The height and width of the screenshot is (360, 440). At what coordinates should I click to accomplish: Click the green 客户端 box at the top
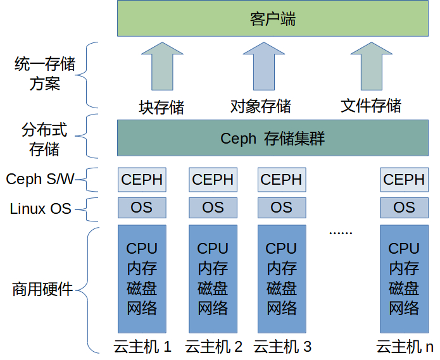(x=272, y=19)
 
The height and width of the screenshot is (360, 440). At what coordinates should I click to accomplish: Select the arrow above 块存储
(x=163, y=66)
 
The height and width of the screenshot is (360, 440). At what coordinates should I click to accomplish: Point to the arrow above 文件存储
(x=370, y=66)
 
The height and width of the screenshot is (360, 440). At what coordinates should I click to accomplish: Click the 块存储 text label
(x=161, y=106)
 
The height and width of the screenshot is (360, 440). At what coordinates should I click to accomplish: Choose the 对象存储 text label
(x=261, y=106)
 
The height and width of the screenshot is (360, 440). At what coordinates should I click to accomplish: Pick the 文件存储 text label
(x=370, y=106)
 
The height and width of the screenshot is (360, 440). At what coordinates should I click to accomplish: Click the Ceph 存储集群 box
(x=272, y=138)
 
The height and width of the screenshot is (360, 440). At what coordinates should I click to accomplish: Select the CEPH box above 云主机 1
(x=142, y=180)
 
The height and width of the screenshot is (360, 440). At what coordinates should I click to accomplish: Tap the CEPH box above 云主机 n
(x=403, y=180)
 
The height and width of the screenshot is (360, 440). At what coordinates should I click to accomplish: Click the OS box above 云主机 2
(x=213, y=208)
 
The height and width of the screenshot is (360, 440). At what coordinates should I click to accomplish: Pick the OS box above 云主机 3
(x=281, y=208)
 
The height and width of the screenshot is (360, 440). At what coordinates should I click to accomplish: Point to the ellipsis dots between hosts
(x=340, y=232)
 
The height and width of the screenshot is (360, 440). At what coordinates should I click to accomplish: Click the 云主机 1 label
(x=142, y=347)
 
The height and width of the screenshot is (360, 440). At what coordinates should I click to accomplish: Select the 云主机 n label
(x=405, y=347)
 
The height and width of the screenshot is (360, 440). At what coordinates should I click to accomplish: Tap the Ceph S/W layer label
(x=40, y=180)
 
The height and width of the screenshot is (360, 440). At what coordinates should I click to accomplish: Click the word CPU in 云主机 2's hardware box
(x=213, y=249)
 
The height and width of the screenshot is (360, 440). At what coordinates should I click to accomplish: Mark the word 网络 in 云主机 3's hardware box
(x=281, y=309)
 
